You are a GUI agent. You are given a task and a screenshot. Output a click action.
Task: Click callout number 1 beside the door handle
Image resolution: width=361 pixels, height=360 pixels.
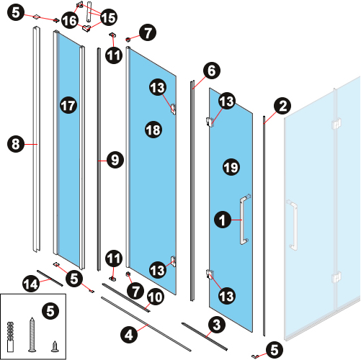(223, 220)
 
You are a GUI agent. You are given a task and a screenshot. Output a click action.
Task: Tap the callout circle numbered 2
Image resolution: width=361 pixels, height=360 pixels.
(282, 106)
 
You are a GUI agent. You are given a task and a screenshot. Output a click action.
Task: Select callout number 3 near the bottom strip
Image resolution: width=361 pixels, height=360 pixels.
(217, 325)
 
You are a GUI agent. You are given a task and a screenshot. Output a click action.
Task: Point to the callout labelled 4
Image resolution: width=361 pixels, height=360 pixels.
(129, 335)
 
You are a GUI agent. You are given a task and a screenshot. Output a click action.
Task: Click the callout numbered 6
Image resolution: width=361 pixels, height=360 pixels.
(212, 71)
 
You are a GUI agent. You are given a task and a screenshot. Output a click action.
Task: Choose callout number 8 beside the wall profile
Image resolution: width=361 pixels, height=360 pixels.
(16, 144)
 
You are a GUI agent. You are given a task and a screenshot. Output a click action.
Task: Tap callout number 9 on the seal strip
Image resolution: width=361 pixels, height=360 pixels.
(115, 160)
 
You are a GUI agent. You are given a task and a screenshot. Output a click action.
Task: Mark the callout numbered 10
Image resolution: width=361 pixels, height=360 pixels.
(156, 297)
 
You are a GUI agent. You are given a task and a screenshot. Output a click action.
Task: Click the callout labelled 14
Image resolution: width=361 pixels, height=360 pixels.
(31, 284)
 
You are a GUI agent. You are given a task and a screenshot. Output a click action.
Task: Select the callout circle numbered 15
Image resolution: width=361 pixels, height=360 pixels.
(109, 17)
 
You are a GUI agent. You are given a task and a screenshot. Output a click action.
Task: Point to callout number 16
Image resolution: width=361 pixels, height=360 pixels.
(70, 20)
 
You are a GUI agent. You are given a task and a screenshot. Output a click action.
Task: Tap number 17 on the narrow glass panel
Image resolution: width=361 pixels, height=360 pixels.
(68, 105)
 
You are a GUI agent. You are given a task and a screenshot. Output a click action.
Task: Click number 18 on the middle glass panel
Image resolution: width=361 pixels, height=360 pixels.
(153, 130)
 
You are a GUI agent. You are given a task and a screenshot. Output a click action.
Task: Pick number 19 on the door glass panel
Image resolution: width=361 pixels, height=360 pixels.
(231, 167)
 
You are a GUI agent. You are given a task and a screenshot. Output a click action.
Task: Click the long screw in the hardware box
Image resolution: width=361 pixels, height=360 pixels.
(32, 335)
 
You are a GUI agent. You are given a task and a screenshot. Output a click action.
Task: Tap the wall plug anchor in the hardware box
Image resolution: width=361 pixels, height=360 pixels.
(10, 337)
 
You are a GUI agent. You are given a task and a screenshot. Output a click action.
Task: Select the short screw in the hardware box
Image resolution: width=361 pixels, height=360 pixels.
(55, 347)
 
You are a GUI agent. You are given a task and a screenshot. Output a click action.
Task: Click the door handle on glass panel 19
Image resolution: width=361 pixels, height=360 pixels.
(244, 220)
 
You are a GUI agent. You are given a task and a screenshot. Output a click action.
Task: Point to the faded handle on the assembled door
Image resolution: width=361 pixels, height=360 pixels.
(293, 225)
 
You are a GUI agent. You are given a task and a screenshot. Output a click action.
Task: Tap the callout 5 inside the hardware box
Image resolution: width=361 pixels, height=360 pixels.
(50, 311)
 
